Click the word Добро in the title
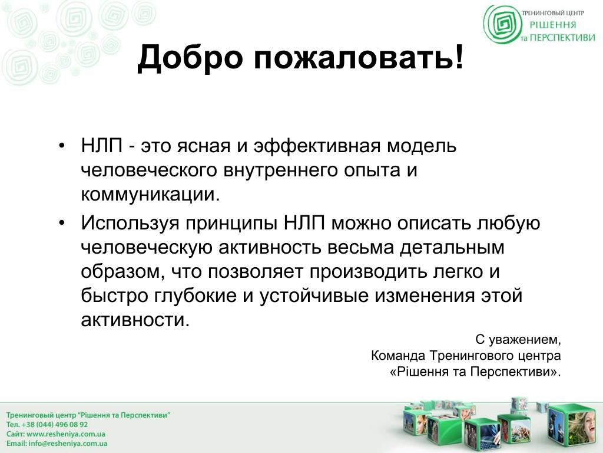(190, 58)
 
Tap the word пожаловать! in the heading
(359, 58)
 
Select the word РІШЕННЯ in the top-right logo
(553, 25)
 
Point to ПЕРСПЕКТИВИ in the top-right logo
(562, 38)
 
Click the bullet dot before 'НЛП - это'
(62, 146)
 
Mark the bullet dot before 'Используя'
(62, 223)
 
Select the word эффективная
(317, 146)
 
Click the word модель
(422, 146)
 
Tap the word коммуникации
(150, 195)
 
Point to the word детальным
(452, 248)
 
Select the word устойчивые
(314, 296)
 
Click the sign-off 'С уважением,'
(518, 340)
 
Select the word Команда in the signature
(398, 356)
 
